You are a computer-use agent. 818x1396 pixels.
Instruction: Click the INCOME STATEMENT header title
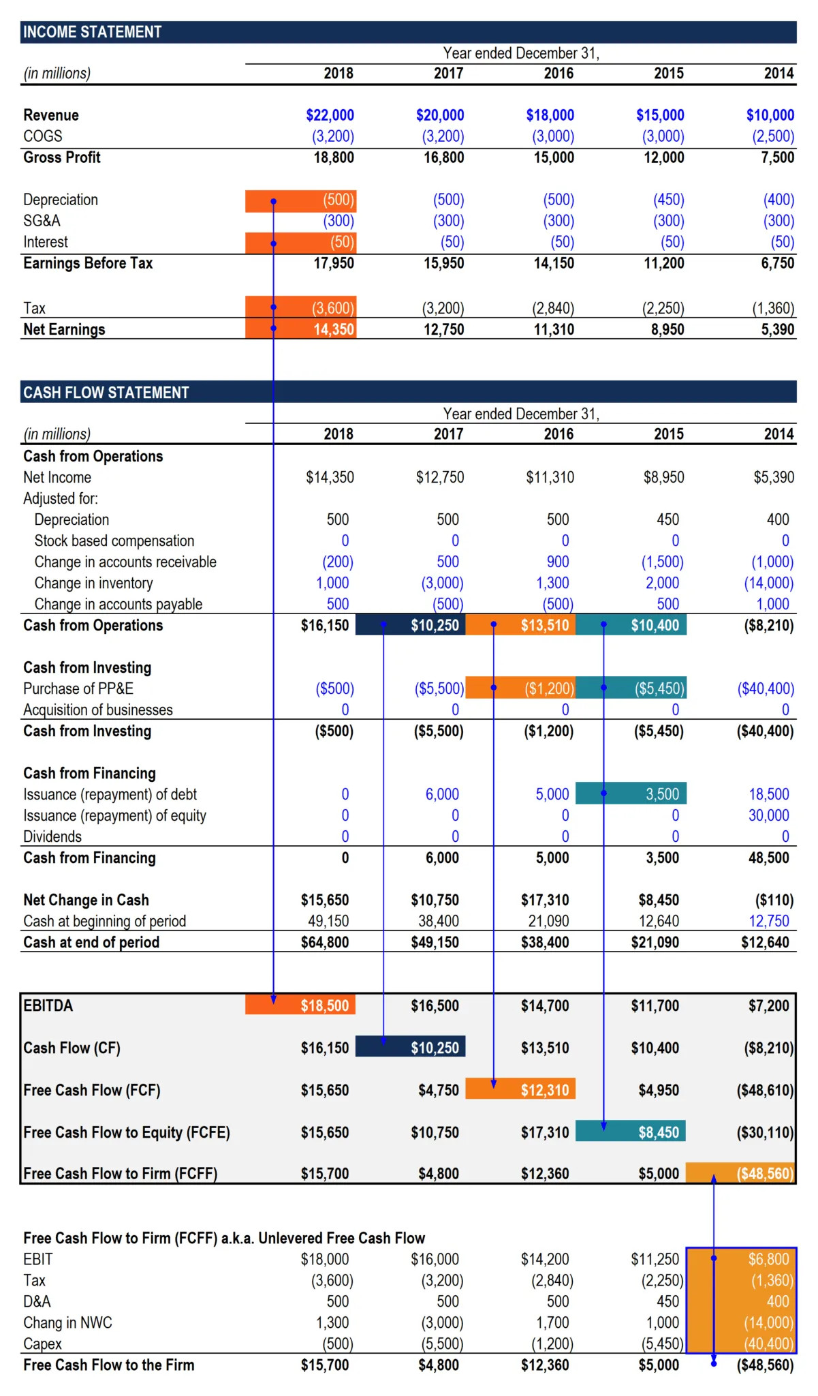(92, 32)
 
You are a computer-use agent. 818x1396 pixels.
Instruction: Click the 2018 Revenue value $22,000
(330, 115)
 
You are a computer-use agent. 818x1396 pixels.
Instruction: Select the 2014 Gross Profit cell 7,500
(777, 157)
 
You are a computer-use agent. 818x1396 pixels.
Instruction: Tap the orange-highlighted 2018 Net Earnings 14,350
(333, 329)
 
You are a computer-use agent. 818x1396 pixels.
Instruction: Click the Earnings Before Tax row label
(88, 263)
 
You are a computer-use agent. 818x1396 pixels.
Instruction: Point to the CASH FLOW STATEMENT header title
(106, 393)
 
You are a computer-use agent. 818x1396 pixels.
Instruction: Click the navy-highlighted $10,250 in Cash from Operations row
(435, 625)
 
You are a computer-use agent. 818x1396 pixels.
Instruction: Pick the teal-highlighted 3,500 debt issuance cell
(662, 794)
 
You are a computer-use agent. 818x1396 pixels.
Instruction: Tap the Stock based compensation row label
(114, 541)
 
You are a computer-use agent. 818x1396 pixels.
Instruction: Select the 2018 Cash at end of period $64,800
(325, 942)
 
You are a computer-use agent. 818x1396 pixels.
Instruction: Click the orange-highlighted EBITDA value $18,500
(325, 1005)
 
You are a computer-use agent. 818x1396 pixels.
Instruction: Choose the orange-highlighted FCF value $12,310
(544, 1090)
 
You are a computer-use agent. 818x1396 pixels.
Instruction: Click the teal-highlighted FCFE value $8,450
(658, 1132)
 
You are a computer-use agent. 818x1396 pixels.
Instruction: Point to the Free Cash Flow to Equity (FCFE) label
(126, 1132)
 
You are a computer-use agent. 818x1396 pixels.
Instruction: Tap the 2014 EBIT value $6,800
(768, 1259)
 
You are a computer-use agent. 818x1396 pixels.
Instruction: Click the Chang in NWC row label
(67, 1322)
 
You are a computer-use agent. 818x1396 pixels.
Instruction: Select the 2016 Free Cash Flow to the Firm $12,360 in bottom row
(544, 1365)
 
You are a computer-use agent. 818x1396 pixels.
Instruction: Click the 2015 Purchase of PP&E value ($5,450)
(659, 688)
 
